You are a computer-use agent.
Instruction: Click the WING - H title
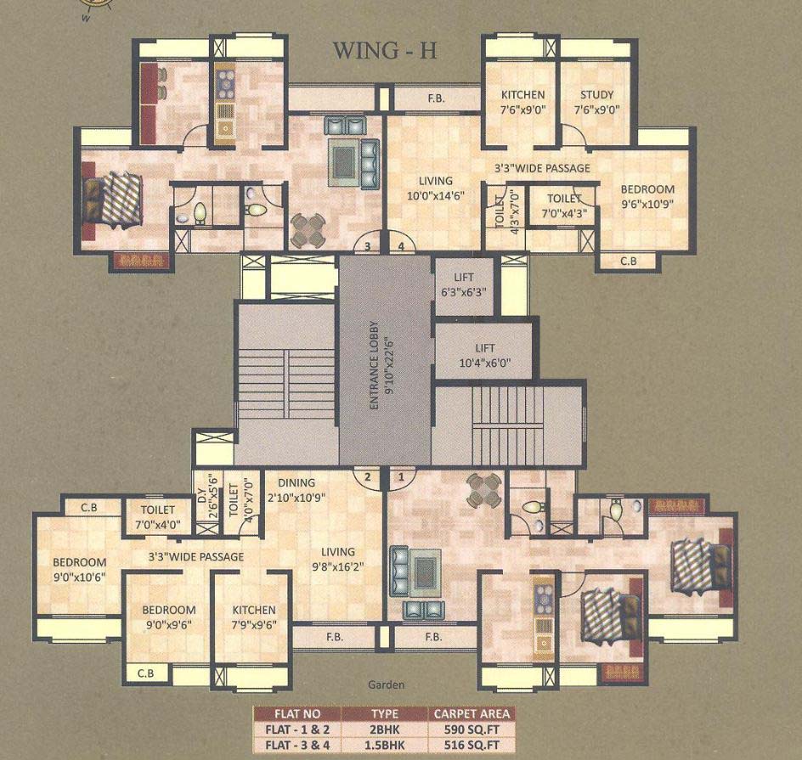tap(384, 50)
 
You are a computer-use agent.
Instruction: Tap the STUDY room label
tap(596, 102)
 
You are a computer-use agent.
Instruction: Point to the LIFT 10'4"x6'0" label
tap(484, 355)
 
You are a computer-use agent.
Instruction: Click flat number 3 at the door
tap(367, 246)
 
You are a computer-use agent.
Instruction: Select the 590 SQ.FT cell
tap(472, 729)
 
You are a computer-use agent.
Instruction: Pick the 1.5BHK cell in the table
tap(384, 743)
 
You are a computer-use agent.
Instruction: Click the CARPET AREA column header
tap(472, 713)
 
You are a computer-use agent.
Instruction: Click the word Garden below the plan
tap(387, 684)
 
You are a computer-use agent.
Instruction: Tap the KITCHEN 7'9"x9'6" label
tap(254, 616)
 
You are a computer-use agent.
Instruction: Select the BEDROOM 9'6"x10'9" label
tap(647, 197)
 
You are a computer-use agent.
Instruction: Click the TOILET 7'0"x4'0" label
tap(157, 517)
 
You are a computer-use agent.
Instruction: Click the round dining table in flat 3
tap(307, 228)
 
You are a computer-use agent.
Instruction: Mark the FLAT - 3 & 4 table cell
tap(297, 743)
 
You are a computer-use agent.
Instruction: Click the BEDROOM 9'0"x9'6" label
tap(168, 616)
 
